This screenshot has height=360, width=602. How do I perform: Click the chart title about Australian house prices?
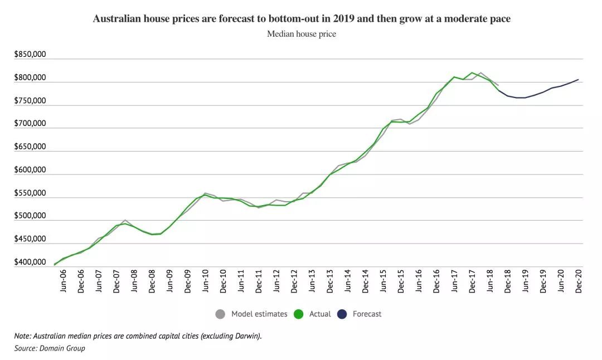click(301, 19)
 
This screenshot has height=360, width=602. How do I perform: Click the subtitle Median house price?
click(301, 34)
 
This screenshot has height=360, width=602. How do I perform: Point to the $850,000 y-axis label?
click(30, 55)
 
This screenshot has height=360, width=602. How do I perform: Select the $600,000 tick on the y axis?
click(30, 170)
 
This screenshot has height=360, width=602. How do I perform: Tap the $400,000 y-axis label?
click(30, 262)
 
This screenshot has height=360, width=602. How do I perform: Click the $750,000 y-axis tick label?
click(30, 101)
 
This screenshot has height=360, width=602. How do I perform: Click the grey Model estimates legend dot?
click(220, 314)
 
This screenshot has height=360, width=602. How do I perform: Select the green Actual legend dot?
click(298, 314)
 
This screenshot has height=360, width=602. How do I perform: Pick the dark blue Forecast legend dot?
click(341, 314)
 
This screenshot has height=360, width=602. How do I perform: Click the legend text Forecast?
click(367, 314)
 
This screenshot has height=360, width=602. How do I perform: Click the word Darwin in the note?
click(246, 336)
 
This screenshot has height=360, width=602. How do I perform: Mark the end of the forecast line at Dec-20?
click(579, 79)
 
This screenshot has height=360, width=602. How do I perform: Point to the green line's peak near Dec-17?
click(472, 72)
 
